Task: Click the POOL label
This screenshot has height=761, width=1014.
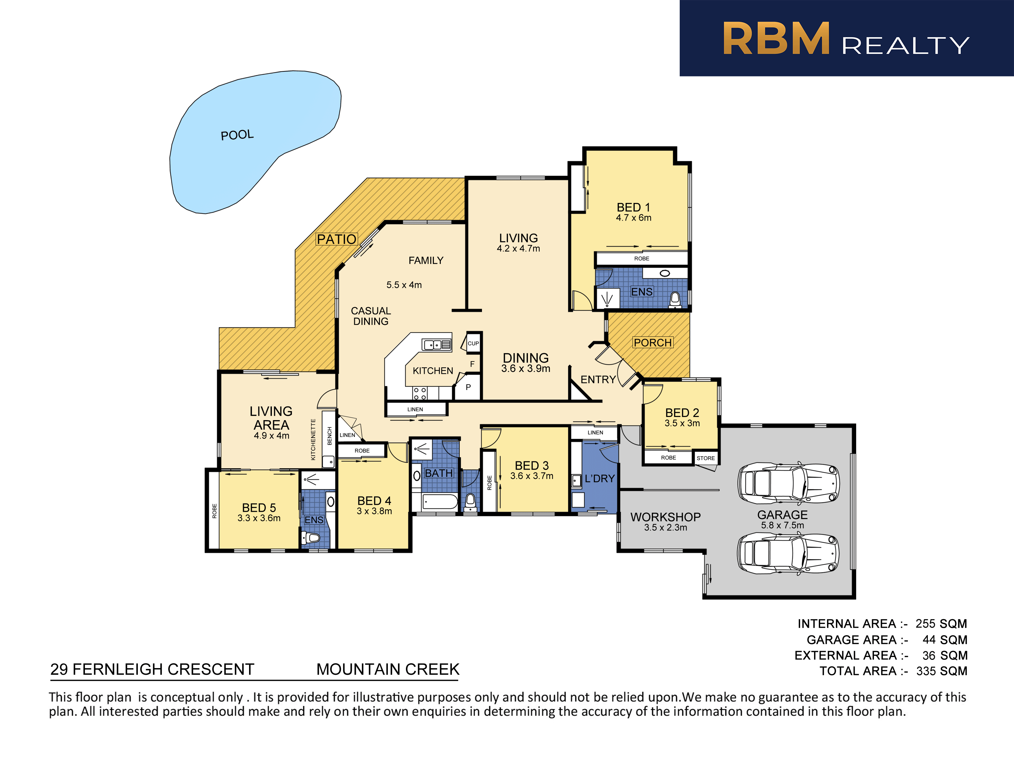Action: pos(237,135)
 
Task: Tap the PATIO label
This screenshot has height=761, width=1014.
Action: pos(337,239)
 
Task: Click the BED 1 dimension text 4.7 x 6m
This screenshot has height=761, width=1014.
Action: pos(633,218)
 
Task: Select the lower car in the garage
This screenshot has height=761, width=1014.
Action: pos(788,554)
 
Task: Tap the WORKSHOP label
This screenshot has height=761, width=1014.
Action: pos(666,517)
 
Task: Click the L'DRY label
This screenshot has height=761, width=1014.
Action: pos(600,478)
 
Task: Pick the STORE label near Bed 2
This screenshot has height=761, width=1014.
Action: pos(705,458)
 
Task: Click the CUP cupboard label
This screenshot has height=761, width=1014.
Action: pos(473,343)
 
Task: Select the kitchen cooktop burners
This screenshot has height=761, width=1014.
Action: pos(420,394)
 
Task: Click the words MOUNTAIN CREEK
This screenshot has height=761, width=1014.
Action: pos(388,669)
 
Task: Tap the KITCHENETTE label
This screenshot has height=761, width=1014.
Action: pos(313,439)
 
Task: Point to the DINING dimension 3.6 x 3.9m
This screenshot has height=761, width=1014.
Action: pos(526,368)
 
